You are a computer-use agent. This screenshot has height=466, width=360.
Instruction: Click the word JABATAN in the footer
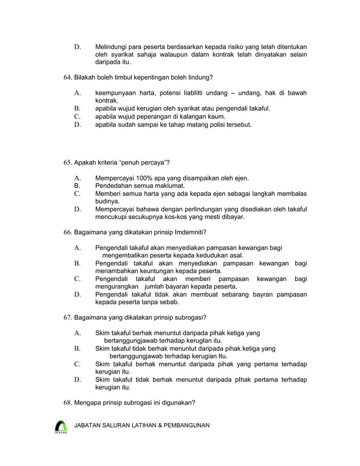pyautogui.click(x=90, y=425)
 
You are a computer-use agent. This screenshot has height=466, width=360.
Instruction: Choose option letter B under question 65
pyautogui.click(x=77, y=186)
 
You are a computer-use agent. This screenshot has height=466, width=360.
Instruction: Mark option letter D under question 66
pyautogui.click(x=77, y=294)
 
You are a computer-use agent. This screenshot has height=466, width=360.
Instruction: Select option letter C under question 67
pyautogui.click(x=77, y=364)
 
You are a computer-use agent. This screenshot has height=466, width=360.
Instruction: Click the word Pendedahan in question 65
pyautogui.click(x=113, y=186)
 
